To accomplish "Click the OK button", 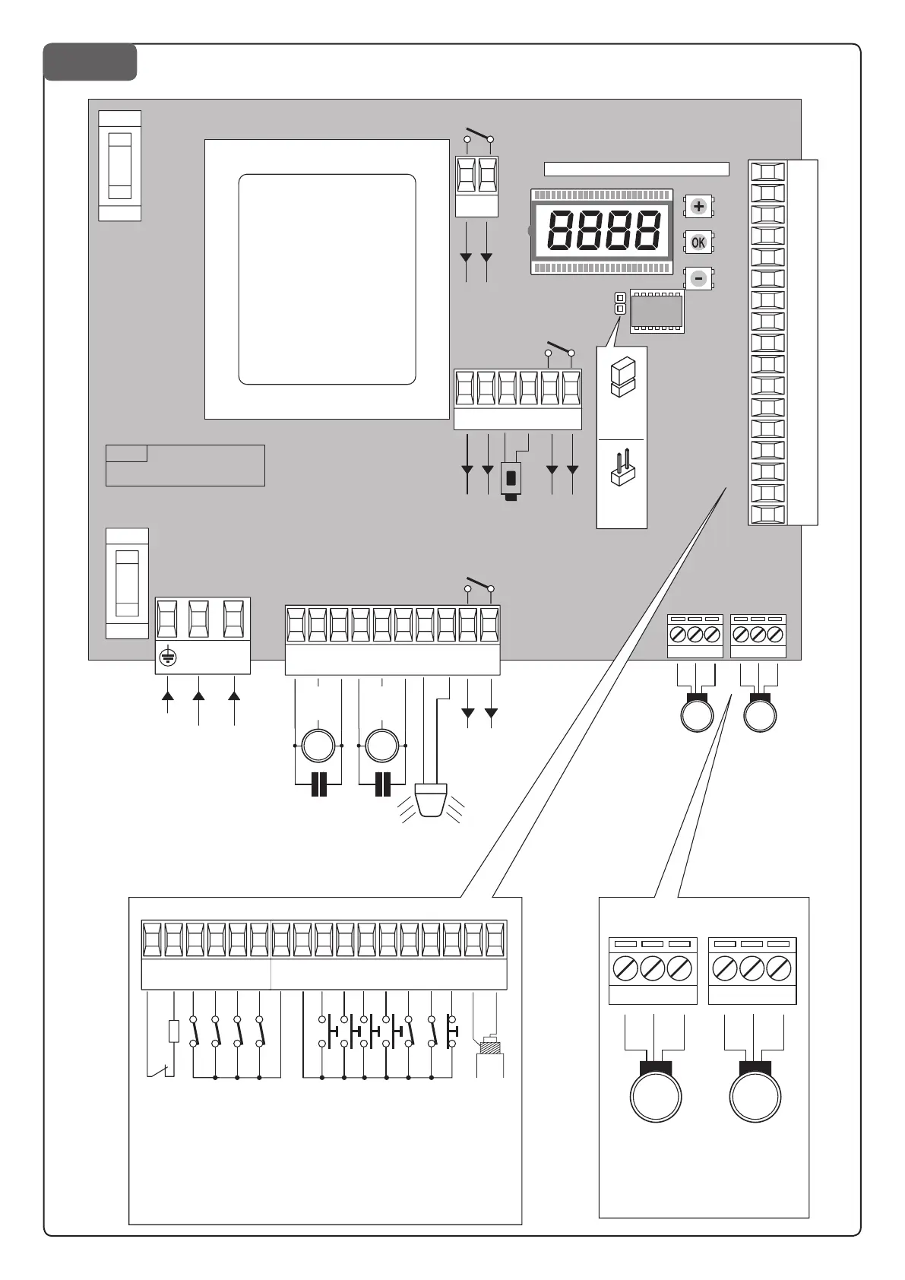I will [x=698, y=242].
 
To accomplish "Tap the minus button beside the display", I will [x=698, y=278].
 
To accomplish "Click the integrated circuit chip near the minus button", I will [x=657, y=312].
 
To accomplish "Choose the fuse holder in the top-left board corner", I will [x=120, y=166].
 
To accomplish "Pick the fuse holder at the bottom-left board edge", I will [x=127, y=583].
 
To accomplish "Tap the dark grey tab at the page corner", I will [x=90, y=62].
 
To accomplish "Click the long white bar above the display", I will [x=636, y=169].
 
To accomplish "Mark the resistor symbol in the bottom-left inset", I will [x=174, y=1031].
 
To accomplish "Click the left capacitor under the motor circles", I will [x=319, y=784].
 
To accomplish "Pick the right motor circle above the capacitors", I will [x=382, y=746].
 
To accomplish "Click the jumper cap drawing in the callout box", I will [x=622, y=377].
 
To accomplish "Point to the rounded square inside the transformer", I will [x=328, y=279].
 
